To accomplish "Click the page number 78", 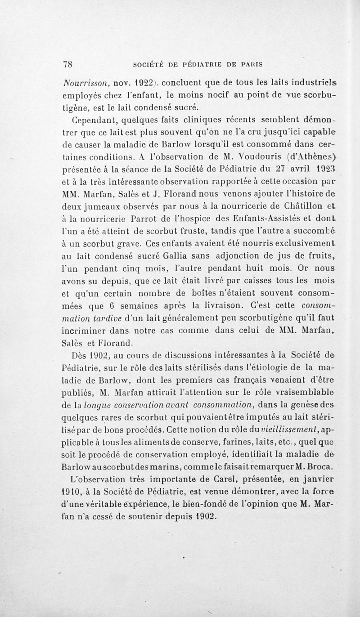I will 67,64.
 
